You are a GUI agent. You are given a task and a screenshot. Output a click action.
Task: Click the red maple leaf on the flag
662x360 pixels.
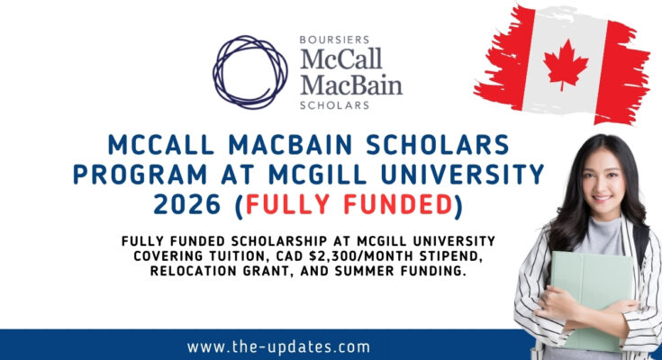coord(566,64)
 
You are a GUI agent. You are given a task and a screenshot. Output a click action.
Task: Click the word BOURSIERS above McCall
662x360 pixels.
coord(334,40)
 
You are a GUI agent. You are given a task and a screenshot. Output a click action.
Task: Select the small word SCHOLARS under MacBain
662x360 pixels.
coord(334,105)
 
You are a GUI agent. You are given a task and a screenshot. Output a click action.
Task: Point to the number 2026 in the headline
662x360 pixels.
coord(187,204)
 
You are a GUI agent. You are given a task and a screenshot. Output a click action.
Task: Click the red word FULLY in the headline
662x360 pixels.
coord(287,204)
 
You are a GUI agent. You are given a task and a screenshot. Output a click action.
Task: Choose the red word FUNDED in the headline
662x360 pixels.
coord(399,204)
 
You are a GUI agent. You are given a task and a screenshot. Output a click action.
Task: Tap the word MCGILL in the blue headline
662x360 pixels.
coord(317,175)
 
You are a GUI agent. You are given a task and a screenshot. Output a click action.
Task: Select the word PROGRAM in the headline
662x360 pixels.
coord(141,175)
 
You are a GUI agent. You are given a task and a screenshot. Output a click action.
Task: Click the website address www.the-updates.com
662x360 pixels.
coord(278,346)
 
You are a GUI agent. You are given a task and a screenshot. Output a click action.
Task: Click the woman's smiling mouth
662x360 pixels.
coord(602,197)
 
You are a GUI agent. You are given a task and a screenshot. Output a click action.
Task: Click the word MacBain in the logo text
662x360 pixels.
coord(351,85)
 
